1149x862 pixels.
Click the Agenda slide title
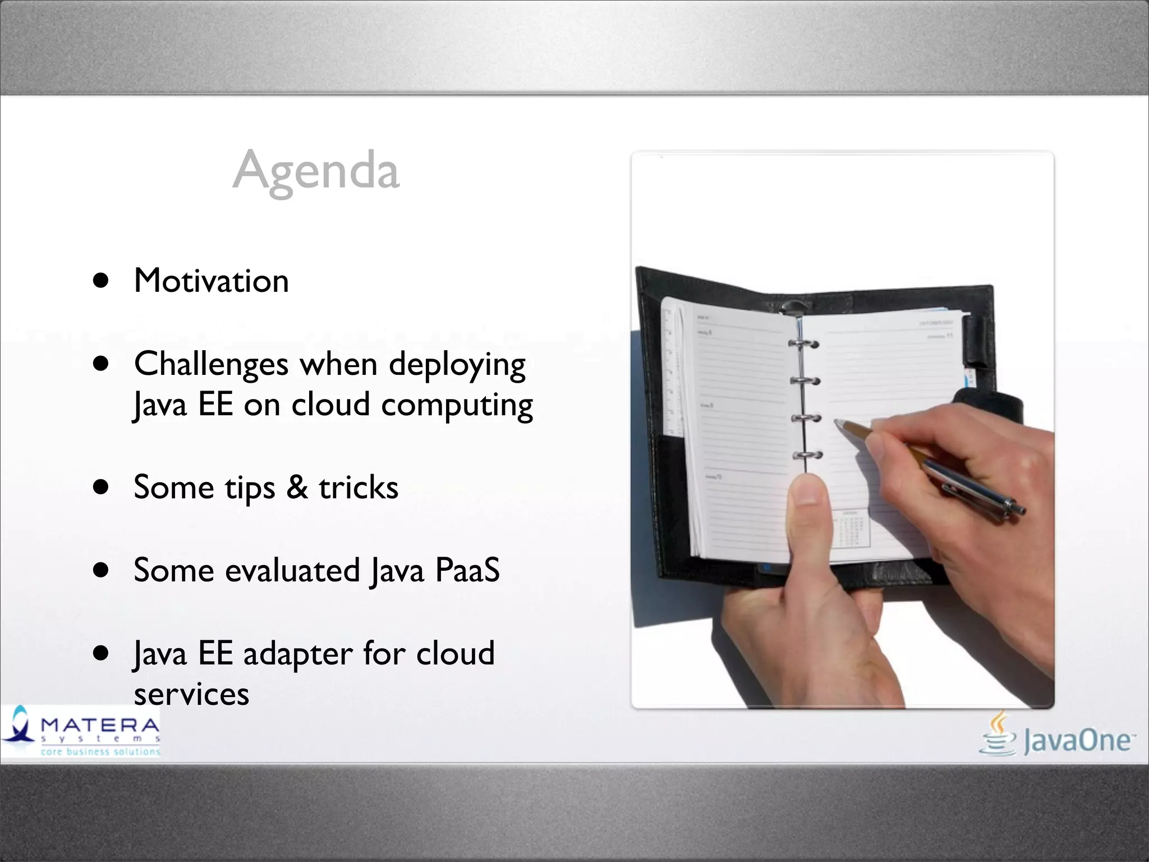(x=316, y=170)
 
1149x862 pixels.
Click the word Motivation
(x=212, y=281)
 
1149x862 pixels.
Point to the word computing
(x=457, y=405)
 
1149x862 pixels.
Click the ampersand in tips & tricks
(x=297, y=487)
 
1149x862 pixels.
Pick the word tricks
(x=359, y=487)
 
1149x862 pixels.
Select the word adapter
(x=298, y=654)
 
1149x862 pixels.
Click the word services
(x=191, y=694)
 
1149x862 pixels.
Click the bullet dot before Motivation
(x=101, y=281)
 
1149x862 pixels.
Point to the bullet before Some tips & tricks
(x=101, y=487)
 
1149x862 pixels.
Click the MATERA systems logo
(x=81, y=731)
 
